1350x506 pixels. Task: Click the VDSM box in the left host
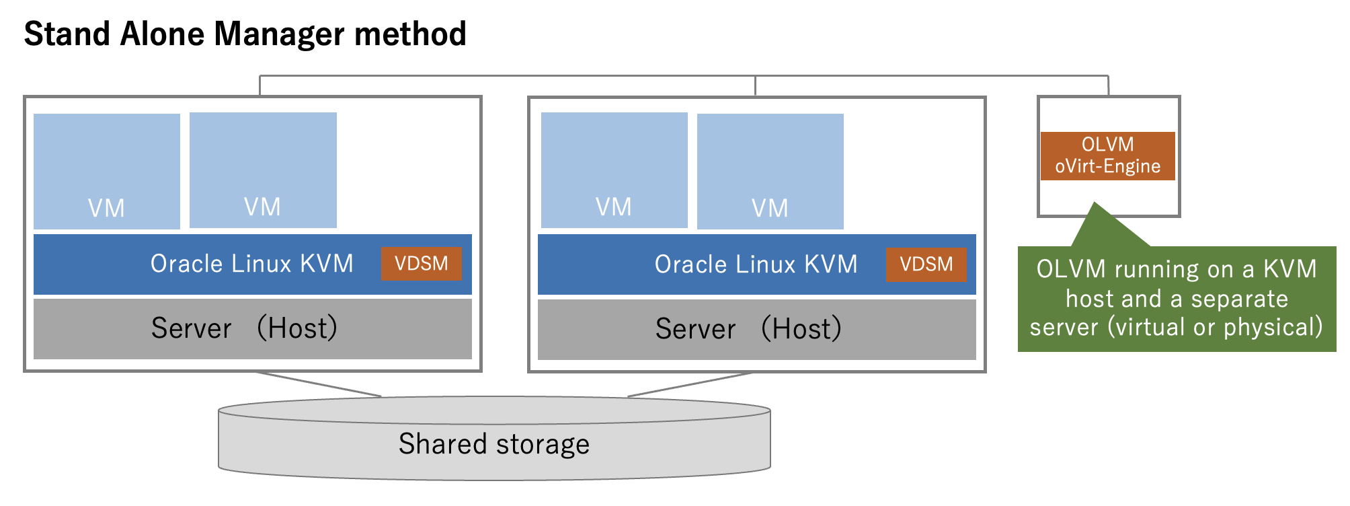(422, 264)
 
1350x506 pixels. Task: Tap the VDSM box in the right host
(926, 264)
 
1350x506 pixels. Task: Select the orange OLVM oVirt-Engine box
(1107, 155)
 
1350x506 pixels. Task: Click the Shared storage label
(494, 444)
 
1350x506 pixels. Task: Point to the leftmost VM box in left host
(107, 171)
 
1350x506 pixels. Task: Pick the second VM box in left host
(263, 170)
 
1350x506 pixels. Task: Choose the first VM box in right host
(614, 170)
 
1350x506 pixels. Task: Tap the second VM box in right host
(770, 171)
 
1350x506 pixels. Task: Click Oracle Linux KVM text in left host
(252, 264)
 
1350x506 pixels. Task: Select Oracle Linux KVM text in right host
(756, 264)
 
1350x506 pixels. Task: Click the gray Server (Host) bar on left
(252, 328)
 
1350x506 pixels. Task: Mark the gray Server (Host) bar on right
(756, 329)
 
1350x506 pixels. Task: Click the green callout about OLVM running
(1177, 298)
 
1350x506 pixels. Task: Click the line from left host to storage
(318, 384)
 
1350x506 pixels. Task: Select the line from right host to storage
(689, 384)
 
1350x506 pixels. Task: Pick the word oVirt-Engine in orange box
(1107, 166)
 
